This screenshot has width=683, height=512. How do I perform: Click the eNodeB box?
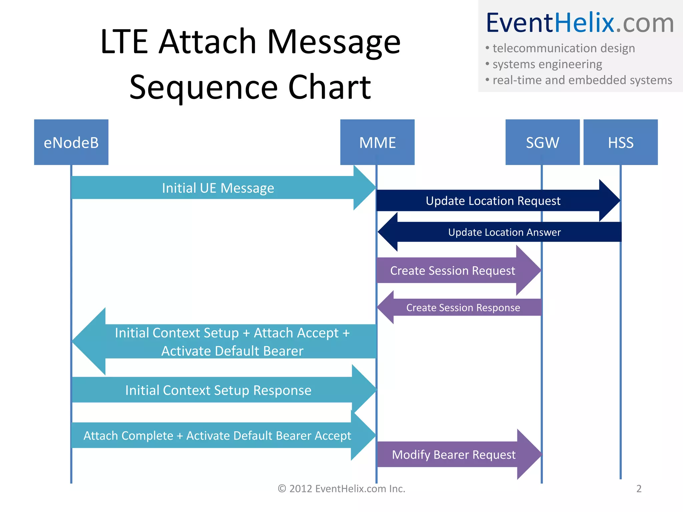[x=71, y=142]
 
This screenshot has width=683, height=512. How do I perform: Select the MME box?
[x=377, y=142]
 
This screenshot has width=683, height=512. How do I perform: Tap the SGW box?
[x=542, y=142]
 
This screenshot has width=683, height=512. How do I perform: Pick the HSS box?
[x=620, y=142]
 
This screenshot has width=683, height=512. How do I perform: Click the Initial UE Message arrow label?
[x=218, y=188]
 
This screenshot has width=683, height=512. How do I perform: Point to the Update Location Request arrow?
[x=493, y=201]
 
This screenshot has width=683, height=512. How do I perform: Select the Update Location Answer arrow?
[x=504, y=232]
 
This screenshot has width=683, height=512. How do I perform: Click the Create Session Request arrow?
[x=453, y=271]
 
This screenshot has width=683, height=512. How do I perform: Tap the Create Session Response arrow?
[x=463, y=308]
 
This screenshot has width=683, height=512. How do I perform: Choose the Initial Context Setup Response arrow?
[x=218, y=390]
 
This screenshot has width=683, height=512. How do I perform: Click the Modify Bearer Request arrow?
[x=454, y=455]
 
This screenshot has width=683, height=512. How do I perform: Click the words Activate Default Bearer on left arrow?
[x=232, y=351]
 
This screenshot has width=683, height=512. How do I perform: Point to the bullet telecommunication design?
[x=564, y=48]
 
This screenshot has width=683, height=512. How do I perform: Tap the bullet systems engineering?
[x=547, y=64]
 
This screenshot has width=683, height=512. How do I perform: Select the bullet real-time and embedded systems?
[x=582, y=80]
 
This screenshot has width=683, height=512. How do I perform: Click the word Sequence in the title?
[x=203, y=87]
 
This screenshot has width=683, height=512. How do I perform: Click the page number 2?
[x=639, y=489]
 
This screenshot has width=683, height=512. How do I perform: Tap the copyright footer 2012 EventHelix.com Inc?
[x=341, y=489]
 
